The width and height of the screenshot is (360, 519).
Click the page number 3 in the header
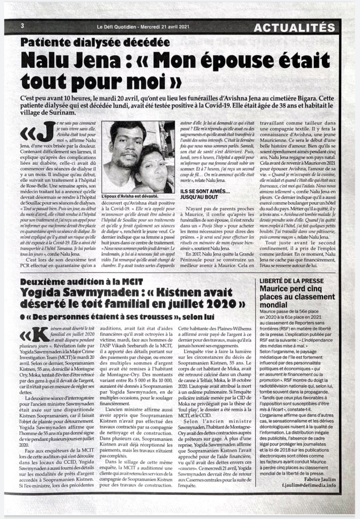[22, 26]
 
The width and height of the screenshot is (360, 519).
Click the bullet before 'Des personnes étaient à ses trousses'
[24, 317]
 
